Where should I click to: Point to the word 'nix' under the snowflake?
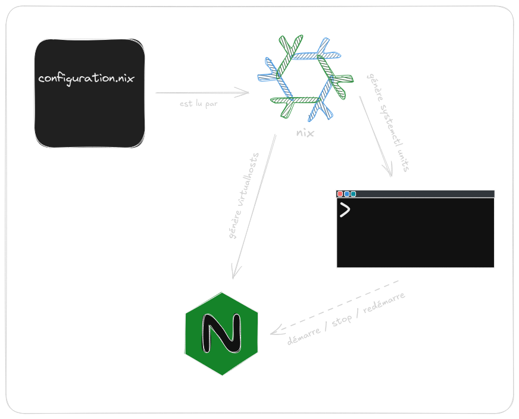pyautogui.click(x=305, y=132)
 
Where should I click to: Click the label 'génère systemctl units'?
pyautogui.click(x=387, y=122)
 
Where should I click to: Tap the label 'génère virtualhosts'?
pyautogui.click(x=245, y=196)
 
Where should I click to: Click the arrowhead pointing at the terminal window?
pyautogui.click(x=390, y=173)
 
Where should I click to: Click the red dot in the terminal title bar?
pyautogui.click(x=340, y=194)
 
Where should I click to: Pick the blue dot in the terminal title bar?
pyautogui.click(x=346, y=194)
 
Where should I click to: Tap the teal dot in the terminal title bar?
pyautogui.click(x=353, y=194)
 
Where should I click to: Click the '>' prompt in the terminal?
pyautogui.click(x=345, y=209)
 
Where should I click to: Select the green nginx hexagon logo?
pyautogui.click(x=221, y=334)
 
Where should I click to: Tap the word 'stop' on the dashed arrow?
pyautogui.click(x=341, y=319)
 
